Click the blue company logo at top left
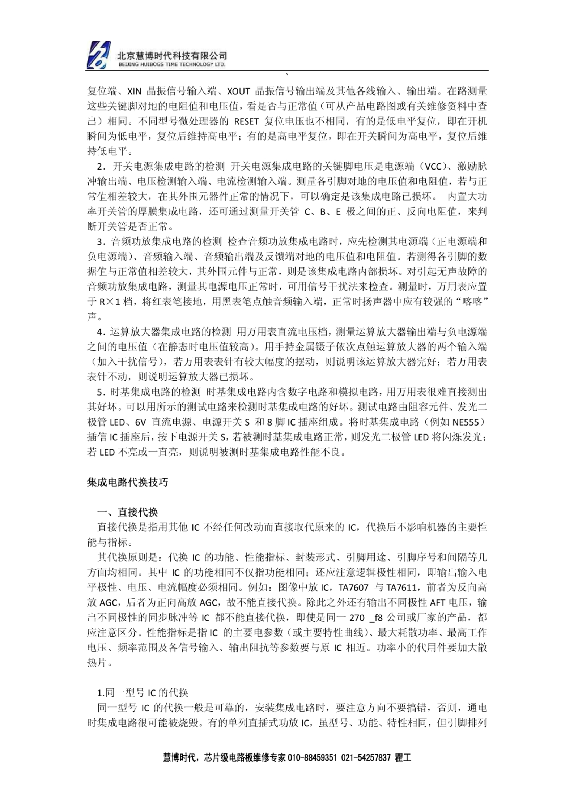pyautogui.click(x=98, y=55)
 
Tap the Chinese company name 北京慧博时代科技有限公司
pyautogui.click(x=172, y=55)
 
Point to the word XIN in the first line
pyautogui.click(x=134, y=91)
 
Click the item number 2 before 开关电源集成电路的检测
pyautogui.click(x=100, y=167)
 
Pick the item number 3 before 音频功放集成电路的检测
pyautogui.click(x=100, y=242)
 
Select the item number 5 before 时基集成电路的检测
pyautogui.click(x=100, y=392)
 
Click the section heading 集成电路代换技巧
pyautogui.click(x=127, y=482)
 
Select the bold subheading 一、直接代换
pyautogui.click(x=127, y=512)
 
